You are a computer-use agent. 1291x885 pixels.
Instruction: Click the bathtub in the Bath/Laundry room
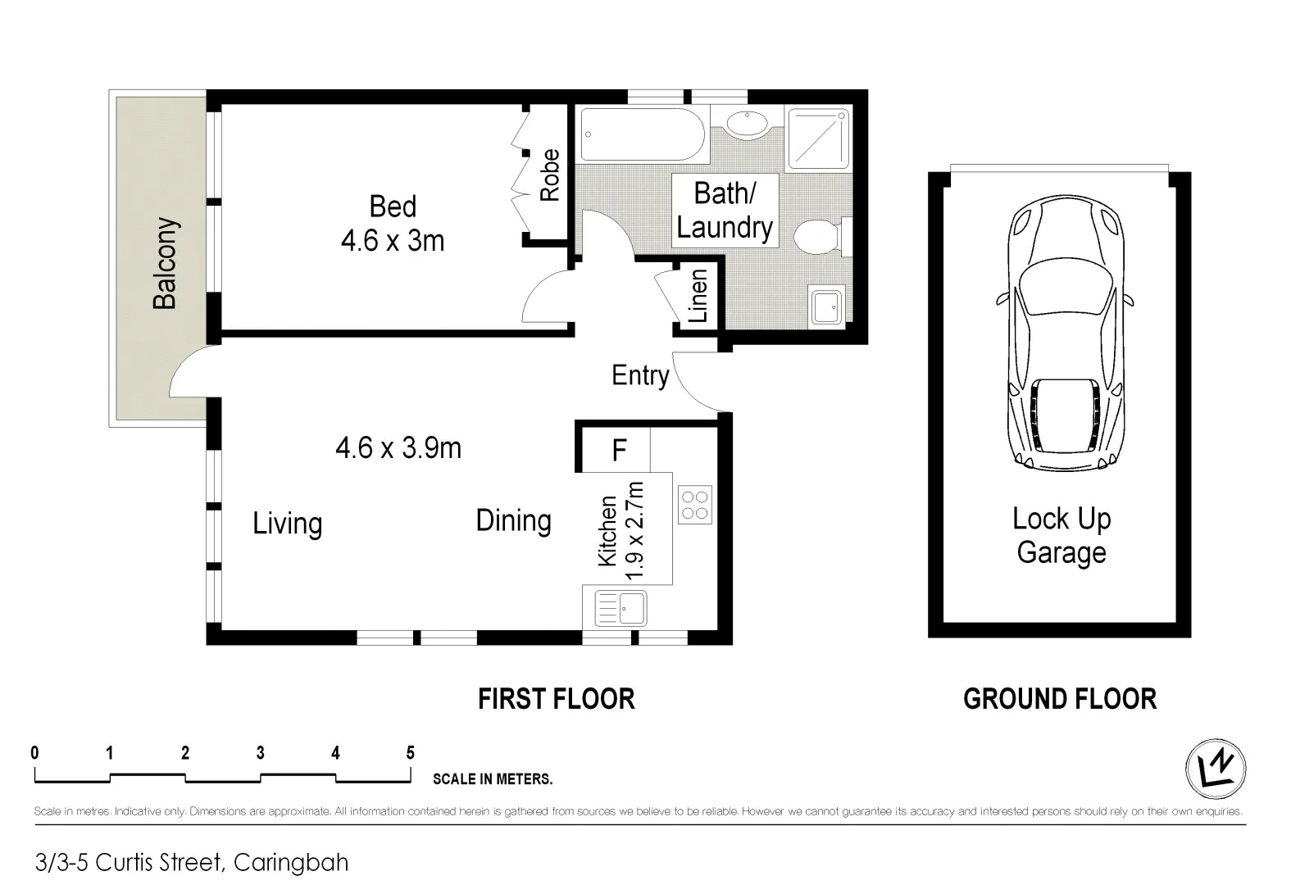642,136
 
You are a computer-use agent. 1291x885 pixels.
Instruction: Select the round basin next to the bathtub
747,125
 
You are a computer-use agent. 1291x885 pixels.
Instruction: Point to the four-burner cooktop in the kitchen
695,505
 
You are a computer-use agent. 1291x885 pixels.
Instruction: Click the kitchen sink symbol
620,608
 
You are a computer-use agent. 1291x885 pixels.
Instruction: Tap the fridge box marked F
619,450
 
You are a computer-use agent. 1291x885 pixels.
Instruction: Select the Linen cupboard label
698,296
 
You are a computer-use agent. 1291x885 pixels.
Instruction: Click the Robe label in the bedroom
549,175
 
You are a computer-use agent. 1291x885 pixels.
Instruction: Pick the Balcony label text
166,263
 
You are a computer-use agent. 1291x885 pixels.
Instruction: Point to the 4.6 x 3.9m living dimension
398,448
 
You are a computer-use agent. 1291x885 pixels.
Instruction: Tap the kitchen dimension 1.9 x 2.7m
635,532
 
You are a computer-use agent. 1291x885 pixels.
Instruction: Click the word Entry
640,375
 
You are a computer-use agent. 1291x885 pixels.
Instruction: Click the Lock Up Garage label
1061,535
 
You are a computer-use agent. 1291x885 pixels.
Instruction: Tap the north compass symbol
1216,769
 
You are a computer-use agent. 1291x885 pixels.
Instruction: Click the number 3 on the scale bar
260,752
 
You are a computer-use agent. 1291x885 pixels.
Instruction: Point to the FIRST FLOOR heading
557,699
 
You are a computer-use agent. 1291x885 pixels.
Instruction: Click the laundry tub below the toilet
825,306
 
